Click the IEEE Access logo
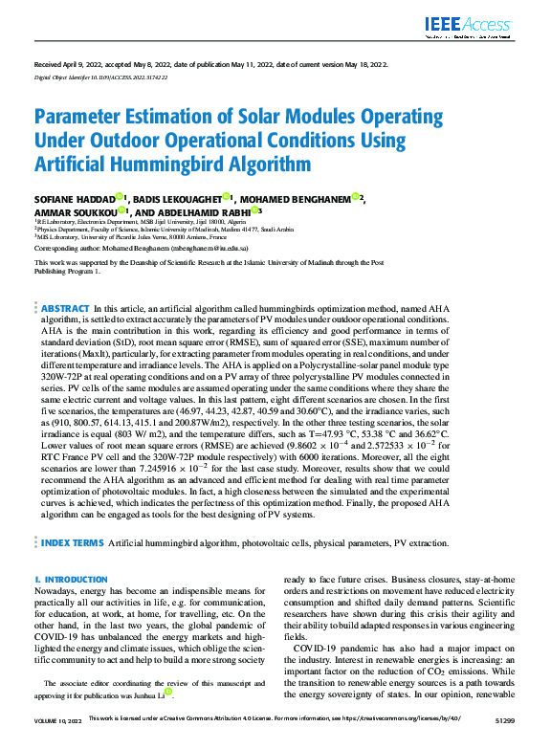tap(470, 26)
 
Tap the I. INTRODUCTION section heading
tap(71, 580)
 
